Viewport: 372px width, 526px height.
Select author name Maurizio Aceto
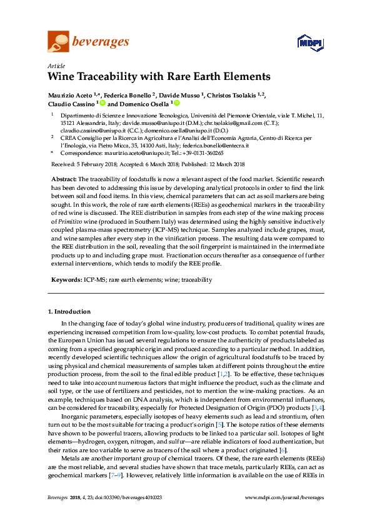(70, 95)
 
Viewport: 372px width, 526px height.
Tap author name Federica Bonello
(128, 95)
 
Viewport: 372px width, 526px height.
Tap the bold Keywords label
(66, 280)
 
